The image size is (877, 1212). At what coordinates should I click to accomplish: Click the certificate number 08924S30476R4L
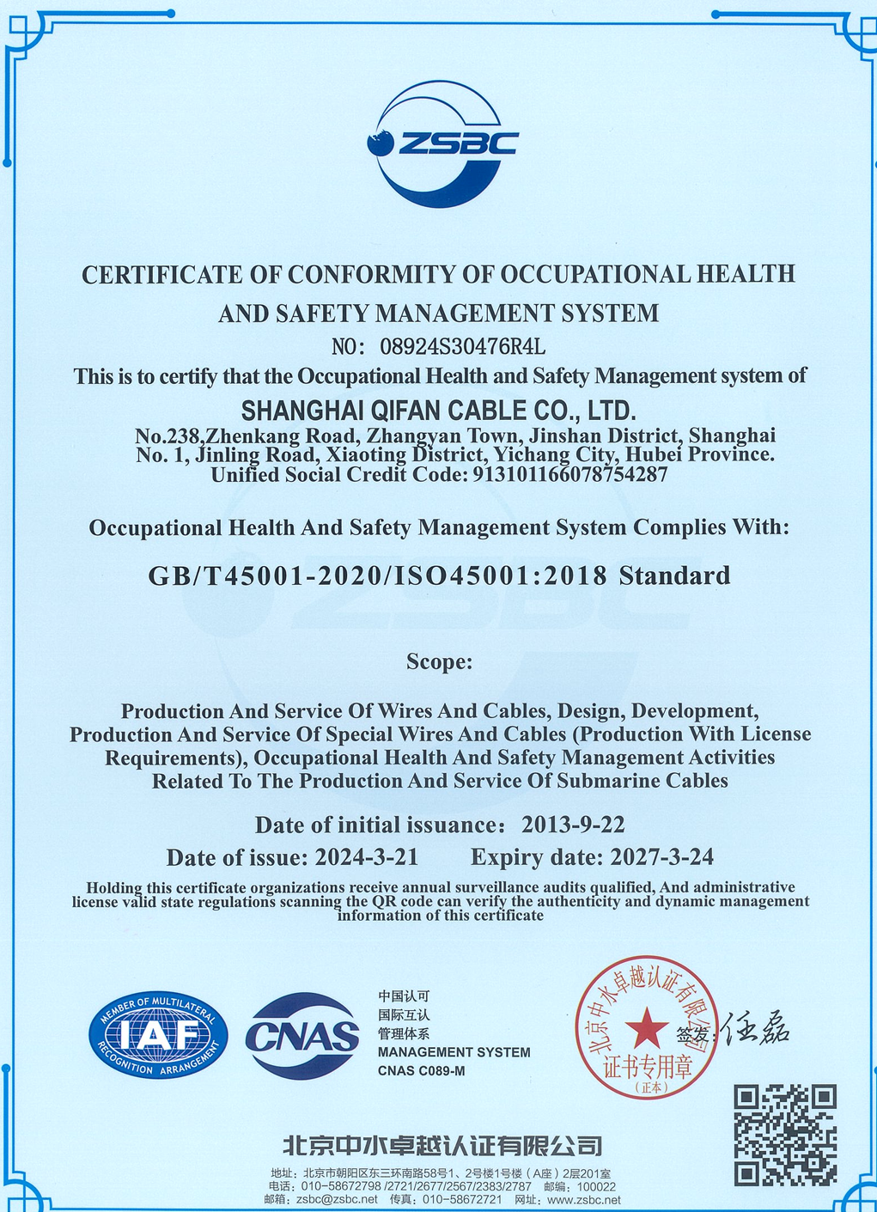[x=462, y=347]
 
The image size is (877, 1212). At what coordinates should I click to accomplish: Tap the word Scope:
[x=439, y=661]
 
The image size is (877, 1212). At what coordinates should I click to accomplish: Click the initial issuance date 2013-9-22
[x=573, y=825]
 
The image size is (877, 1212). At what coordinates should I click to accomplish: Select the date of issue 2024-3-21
[x=367, y=856]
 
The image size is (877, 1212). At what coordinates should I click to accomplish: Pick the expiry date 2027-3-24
[x=661, y=856]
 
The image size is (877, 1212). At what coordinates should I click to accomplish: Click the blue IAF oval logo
[x=159, y=1036]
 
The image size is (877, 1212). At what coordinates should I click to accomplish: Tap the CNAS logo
[x=302, y=1037]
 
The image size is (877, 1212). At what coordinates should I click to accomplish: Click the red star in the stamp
[x=646, y=1027]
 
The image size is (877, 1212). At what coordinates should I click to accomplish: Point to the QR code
[x=785, y=1134]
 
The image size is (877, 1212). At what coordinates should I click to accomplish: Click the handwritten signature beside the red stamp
[x=756, y=1028]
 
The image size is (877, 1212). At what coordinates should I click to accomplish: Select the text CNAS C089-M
[x=421, y=1071]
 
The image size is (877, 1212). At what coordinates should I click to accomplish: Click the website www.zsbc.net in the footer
[x=583, y=1199]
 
